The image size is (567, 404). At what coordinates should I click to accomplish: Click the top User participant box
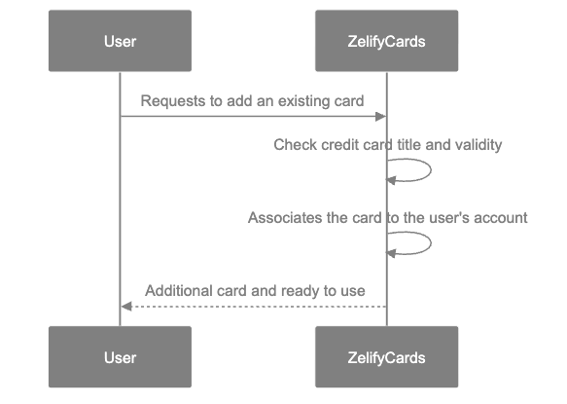(120, 41)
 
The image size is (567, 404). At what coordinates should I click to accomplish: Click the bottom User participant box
(120, 357)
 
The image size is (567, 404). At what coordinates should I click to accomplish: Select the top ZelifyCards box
(386, 41)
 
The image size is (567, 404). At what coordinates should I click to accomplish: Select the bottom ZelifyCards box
(386, 357)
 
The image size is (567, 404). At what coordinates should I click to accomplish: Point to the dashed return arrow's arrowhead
(125, 307)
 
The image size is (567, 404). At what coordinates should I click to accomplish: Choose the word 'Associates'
(284, 217)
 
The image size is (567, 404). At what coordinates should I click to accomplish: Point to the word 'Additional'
(176, 291)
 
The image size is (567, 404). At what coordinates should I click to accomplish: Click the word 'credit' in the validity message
(338, 145)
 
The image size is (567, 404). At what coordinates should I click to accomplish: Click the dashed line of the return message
(253, 307)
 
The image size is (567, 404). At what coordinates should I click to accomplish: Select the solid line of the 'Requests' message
(253, 117)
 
